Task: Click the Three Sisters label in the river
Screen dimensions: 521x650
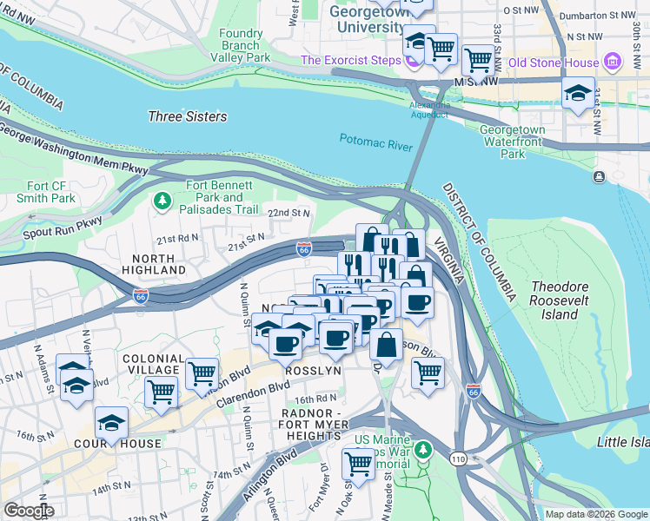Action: click(187, 116)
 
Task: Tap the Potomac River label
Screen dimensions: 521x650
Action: click(375, 142)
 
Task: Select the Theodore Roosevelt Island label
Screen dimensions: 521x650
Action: click(566, 300)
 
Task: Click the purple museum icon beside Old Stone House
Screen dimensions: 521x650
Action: click(614, 62)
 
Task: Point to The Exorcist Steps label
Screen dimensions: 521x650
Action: click(350, 60)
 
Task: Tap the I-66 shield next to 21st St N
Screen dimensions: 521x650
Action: click(303, 249)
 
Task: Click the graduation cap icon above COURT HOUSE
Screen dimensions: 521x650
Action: click(111, 422)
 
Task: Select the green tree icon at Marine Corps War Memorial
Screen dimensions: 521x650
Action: click(422, 450)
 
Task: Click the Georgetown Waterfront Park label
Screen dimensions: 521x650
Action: click(513, 142)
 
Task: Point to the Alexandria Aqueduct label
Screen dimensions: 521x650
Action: click(430, 110)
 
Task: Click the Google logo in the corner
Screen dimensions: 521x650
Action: click(28, 511)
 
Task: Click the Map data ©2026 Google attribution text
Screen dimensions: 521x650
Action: click(595, 514)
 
